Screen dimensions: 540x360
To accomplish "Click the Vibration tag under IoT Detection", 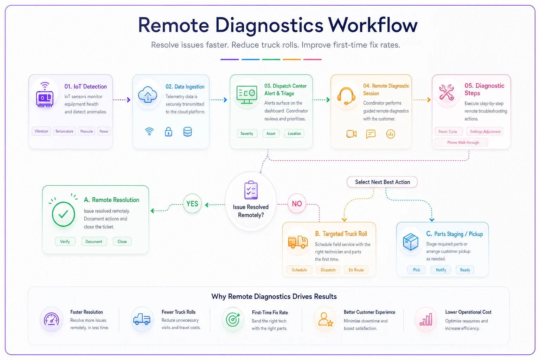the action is click(41, 131).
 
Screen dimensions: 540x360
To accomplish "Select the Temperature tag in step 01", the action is click(64, 131).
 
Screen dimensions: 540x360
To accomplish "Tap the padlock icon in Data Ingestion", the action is click(168, 132).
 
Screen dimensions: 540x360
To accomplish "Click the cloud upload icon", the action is click(148, 95).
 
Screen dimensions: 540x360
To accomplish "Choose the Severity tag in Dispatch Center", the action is click(247, 133).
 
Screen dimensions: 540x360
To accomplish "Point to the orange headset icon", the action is click(346, 96).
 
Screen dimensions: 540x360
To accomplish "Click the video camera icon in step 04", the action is click(352, 134).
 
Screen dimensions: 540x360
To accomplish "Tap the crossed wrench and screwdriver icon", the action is click(446, 92).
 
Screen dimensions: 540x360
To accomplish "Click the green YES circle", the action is click(192, 204).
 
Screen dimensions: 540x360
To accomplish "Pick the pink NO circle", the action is click(297, 204).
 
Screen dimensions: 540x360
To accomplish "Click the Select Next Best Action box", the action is click(382, 182).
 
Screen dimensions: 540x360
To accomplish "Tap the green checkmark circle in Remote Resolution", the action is click(63, 214).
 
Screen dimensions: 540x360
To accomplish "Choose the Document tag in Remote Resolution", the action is click(94, 242).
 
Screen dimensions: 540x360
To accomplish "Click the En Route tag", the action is click(356, 270).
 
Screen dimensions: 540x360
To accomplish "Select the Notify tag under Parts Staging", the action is click(441, 270).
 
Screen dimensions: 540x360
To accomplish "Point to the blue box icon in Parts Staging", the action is click(411, 242).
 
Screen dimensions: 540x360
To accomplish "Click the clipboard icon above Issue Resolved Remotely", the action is click(251, 190).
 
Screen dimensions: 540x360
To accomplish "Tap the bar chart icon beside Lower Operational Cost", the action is click(426, 320).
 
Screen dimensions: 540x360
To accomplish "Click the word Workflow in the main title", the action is click(373, 25).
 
